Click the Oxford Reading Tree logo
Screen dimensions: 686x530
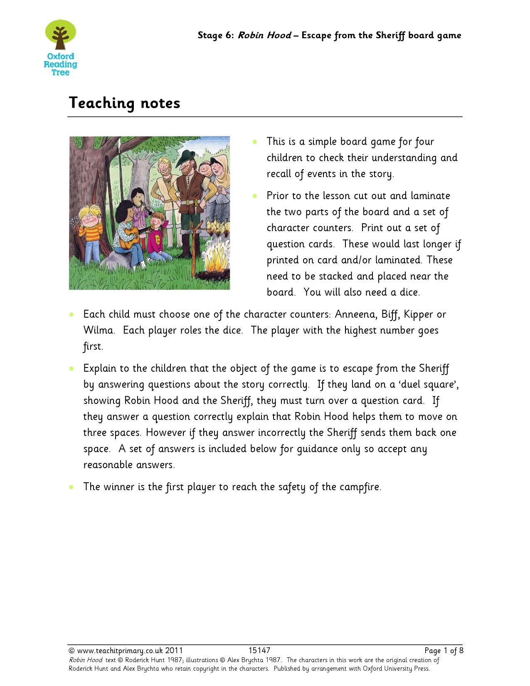click(61, 48)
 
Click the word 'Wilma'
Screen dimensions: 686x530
click(99, 331)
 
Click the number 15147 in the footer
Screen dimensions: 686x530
click(259, 651)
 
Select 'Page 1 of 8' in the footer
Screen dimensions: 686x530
click(444, 651)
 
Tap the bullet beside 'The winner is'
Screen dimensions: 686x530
click(72, 487)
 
